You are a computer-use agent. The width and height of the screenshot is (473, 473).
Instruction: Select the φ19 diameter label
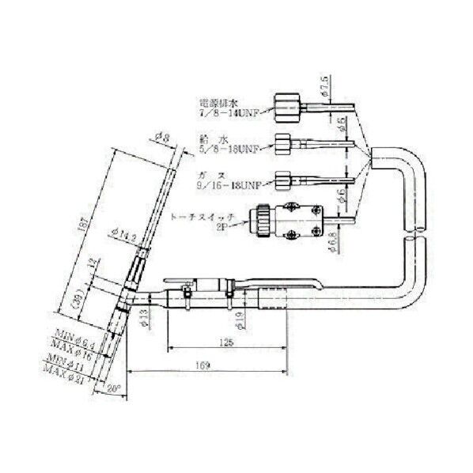238,320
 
